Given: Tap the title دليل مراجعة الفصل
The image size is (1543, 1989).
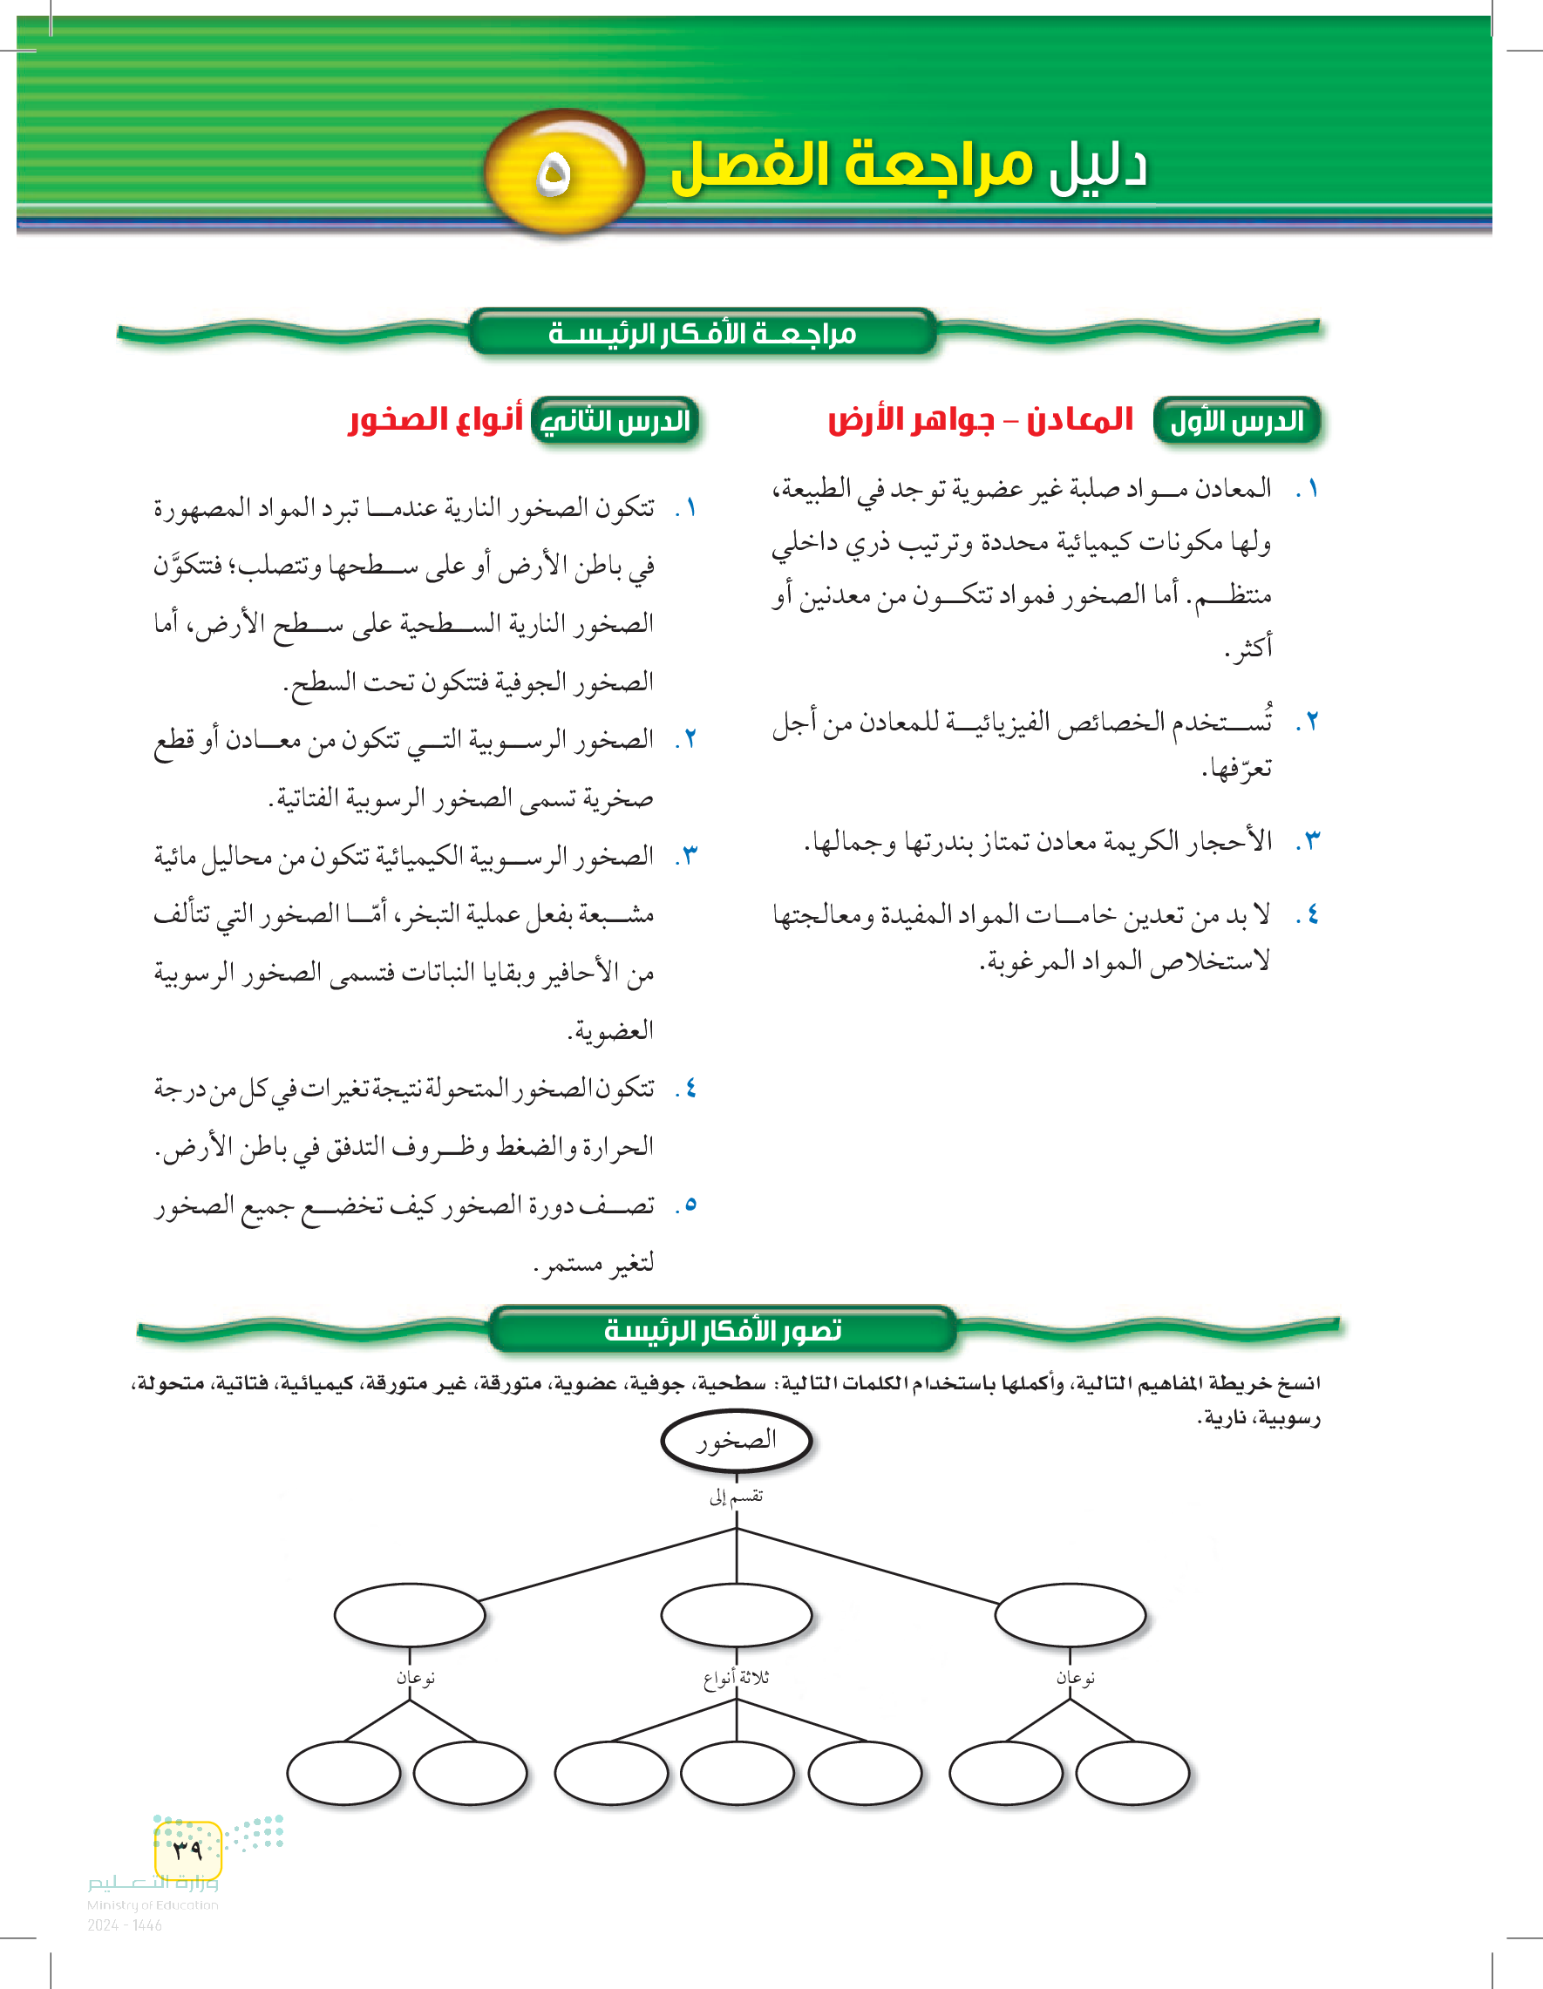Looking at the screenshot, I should (908, 166).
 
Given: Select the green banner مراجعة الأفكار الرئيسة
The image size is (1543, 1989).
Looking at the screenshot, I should (703, 333).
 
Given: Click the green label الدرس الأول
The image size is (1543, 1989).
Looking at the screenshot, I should (1236, 421).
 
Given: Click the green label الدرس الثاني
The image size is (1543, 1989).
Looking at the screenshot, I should (615, 421).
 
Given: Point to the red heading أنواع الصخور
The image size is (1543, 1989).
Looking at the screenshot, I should (436, 420).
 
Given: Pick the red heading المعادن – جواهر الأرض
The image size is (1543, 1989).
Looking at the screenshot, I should (980, 420).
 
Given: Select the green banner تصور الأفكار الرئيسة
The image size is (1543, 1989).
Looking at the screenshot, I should (723, 1331).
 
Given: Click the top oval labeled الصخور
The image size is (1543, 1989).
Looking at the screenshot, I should (736, 1440).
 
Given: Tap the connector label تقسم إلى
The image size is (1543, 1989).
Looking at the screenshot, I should (736, 1497).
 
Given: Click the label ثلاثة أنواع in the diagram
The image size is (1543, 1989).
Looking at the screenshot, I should (736, 1678).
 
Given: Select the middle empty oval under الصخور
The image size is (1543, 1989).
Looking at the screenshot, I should (736, 1616).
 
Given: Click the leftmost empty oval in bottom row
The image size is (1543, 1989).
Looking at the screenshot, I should (343, 1773).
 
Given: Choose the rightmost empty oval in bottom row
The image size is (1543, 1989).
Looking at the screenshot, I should (1132, 1773).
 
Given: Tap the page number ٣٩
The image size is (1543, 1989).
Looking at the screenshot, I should (187, 1850).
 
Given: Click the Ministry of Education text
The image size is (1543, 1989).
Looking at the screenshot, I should (152, 1904).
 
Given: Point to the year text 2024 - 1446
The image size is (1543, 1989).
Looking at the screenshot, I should (125, 1925).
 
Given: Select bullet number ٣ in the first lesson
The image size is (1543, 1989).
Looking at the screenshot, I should (1311, 840).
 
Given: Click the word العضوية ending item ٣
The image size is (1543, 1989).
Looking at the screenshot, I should (611, 1031).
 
